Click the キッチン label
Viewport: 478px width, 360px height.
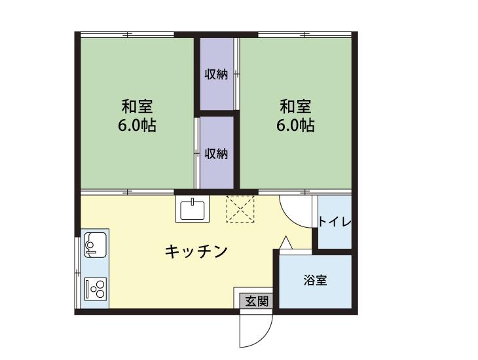(x=195, y=250)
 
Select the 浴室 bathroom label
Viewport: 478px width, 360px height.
(x=316, y=281)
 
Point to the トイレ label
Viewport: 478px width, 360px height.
(x=335, y=222)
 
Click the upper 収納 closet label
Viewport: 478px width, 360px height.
(x=217, y=75)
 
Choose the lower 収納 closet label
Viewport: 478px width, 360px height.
(x=217, y=154)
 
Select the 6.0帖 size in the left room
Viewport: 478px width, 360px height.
(x=137, y=126)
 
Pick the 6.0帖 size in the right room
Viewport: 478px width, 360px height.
(x=295, y=126)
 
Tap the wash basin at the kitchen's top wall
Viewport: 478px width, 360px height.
(x=193, y=209)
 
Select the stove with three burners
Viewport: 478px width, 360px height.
(x=96, y=287)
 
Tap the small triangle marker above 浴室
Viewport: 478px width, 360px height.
(x=285, y=243)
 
